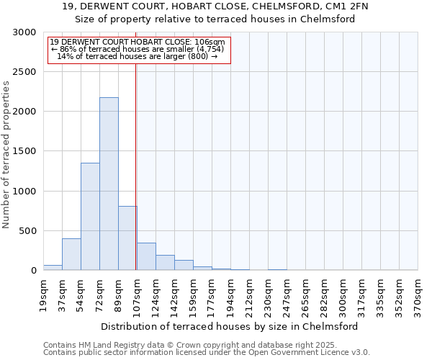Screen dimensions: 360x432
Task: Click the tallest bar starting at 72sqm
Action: (x=109, y=184)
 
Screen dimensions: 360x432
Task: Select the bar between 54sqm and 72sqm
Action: (x=90, y=216)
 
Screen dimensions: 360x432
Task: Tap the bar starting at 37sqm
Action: (x=71, y=254)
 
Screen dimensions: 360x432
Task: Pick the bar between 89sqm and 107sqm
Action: (x=127, y=238)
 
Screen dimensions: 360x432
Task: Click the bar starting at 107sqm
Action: (x=146, y=256)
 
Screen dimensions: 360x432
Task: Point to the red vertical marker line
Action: (x=136, y=166)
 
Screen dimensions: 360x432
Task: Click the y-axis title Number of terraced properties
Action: (x=6, y=154)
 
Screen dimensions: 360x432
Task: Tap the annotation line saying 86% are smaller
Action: (x=138, y=49)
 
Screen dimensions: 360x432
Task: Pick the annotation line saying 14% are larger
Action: (x=137, y=56)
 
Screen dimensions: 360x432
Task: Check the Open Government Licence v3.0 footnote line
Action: (x=206, y=352)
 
